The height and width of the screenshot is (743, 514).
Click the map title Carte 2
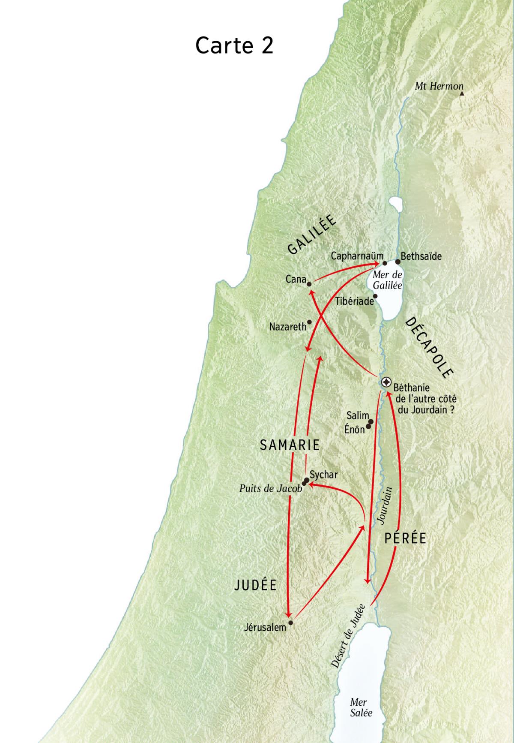[x=234, y=45]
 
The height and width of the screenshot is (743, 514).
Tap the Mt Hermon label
[x=439, y=86]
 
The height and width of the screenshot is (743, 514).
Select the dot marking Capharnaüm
[x=385, y=263]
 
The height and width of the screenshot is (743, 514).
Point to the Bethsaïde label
[x=421, y=256]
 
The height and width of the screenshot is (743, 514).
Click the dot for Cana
[x=309, y=283]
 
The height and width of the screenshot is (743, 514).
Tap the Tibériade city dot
[x=375, y=296]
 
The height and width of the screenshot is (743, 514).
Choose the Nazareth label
[x=288, y=327]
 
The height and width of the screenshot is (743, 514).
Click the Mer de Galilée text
[x=387, y=280]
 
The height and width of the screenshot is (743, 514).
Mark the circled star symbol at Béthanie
[x=386, y=382]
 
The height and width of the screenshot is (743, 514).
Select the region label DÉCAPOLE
[x=428, y=347]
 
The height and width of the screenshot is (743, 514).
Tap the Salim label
[x=357, y=415]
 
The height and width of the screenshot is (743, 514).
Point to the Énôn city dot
[x=368, y=427]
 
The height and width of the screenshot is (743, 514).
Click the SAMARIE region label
[x=290, y=445]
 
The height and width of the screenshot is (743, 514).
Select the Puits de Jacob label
[x=271, y=488]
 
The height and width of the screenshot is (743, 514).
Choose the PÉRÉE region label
[x=405, y=538]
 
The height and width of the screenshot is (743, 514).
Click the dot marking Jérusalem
[x=291, y=623]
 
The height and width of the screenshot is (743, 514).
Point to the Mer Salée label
[x=361, y=707]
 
